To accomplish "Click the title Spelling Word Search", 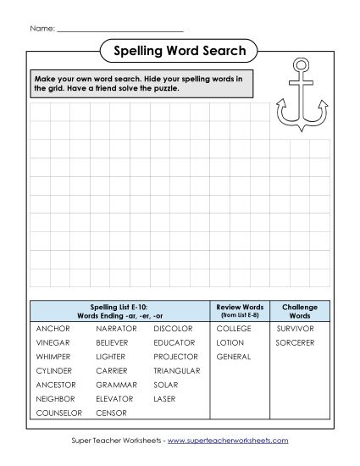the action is [x=180, y=52].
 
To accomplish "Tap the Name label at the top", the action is [x=42, y=28].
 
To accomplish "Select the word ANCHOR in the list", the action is [x=53, y=328].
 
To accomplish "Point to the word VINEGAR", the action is [x=53, y=342].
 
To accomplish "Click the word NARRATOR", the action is [x=116, y=328].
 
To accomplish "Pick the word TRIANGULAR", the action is [x=176, y=370].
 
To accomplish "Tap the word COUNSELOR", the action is [x=58, y=413].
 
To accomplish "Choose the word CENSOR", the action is [x=111, y=413].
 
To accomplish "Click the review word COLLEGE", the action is [x=234, y=328].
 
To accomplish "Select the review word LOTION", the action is [x=230, y=342].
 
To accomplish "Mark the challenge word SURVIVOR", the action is [x=295, y=328].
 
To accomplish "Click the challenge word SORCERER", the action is [x=295, y=342].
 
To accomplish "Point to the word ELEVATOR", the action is [x=114, y=398].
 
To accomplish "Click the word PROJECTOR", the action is [x=175, y=357].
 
